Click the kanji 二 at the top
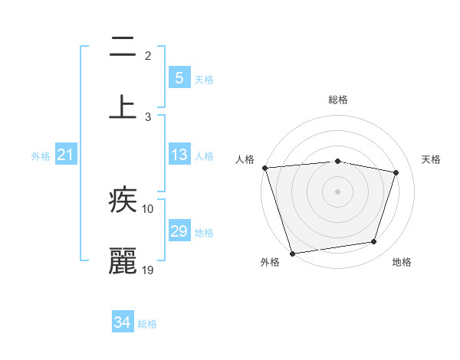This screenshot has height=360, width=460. coord(123,47)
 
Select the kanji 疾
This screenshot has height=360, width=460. coord(123,201)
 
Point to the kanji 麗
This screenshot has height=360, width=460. coord(123,261)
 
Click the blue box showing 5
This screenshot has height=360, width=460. coord(179,78)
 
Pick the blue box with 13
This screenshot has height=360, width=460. coord(179,155)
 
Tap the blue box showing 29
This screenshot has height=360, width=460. coord(179,231)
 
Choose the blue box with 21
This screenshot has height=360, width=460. coord(66,155)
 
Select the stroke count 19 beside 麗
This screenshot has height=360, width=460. coord(148,270)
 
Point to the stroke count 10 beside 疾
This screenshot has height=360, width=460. coord(148,208)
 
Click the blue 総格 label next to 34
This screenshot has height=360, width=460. coord(147,324)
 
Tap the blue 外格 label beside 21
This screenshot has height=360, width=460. coord(41,156)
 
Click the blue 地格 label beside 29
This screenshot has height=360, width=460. coord(204,232)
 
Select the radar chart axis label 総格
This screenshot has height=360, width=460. coord(338,100)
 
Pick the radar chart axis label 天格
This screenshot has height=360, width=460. coord(431,159)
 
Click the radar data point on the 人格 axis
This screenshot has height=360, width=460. coord(264,168)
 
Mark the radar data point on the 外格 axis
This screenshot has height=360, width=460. coord(292,253)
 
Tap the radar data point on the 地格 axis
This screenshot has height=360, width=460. coord(374,242)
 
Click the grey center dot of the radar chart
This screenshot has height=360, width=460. coord(337,191)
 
